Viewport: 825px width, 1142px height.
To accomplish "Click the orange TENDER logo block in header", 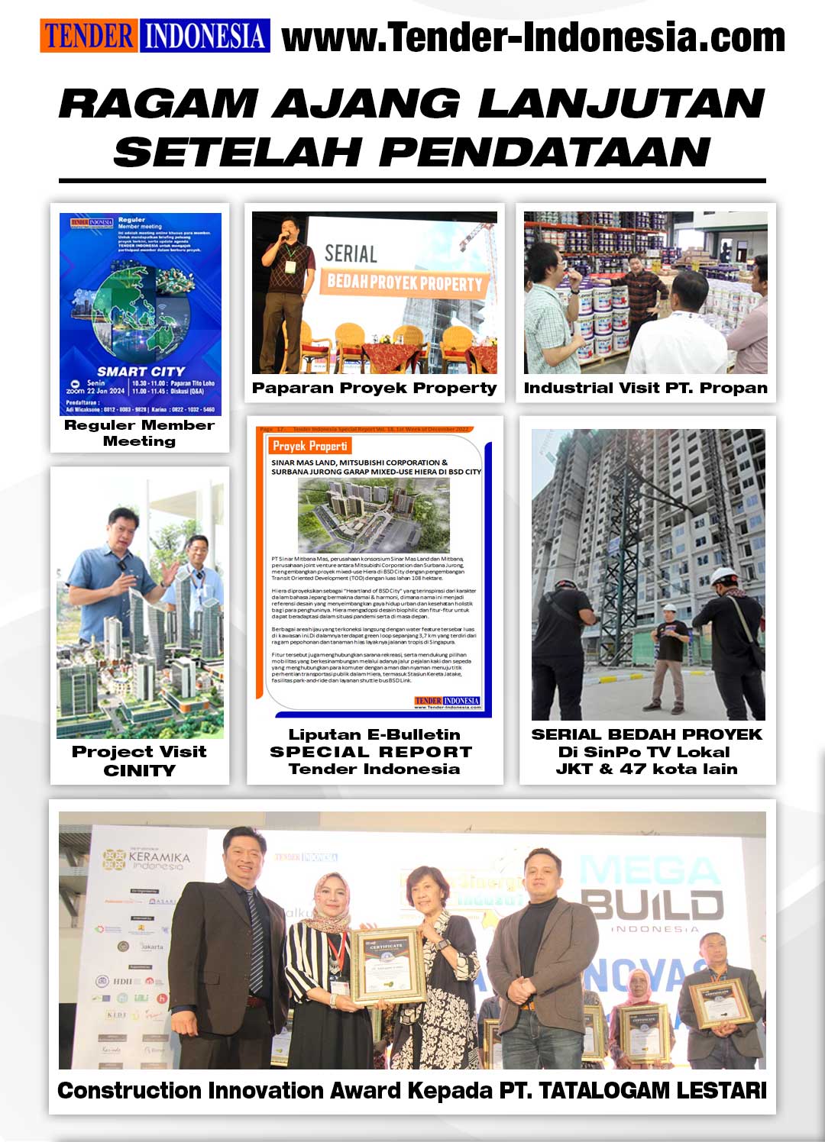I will pyautogui.click(x=89, y=37).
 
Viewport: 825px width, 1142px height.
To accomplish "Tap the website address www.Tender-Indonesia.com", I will pyautogui.click(x=533, y=37).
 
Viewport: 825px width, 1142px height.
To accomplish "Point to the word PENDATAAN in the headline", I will pyautogui.click(x=545, y=151).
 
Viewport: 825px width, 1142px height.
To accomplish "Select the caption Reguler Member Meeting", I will pyautogui.click(x=139, y=433).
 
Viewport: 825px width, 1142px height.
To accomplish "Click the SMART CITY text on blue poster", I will pyautogui.click(x=141, y=371).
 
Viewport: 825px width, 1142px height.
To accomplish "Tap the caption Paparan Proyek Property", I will pyautogui.click(x=374, y=388).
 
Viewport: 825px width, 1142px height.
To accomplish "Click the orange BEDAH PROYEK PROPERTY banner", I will pyautogui.click(x=405, y=283).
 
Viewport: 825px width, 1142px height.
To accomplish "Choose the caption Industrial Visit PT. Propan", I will pyautogui.click(x=645, y=388).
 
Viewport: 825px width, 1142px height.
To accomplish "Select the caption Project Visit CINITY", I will pyautogui.click(x=139, y=760).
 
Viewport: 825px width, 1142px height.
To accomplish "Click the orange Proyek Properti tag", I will pyautogui.click(x=310, y=446).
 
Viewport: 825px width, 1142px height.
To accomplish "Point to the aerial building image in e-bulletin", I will pyautogui.click(x=374, y=515).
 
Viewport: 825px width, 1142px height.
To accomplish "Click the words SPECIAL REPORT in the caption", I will pyautogui.click(x=371, y=752).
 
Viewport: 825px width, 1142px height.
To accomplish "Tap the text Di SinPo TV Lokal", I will pyautogui.click(x=646, y=752).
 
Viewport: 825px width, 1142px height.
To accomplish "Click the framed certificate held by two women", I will pyautogui.click(x=387, y=963).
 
